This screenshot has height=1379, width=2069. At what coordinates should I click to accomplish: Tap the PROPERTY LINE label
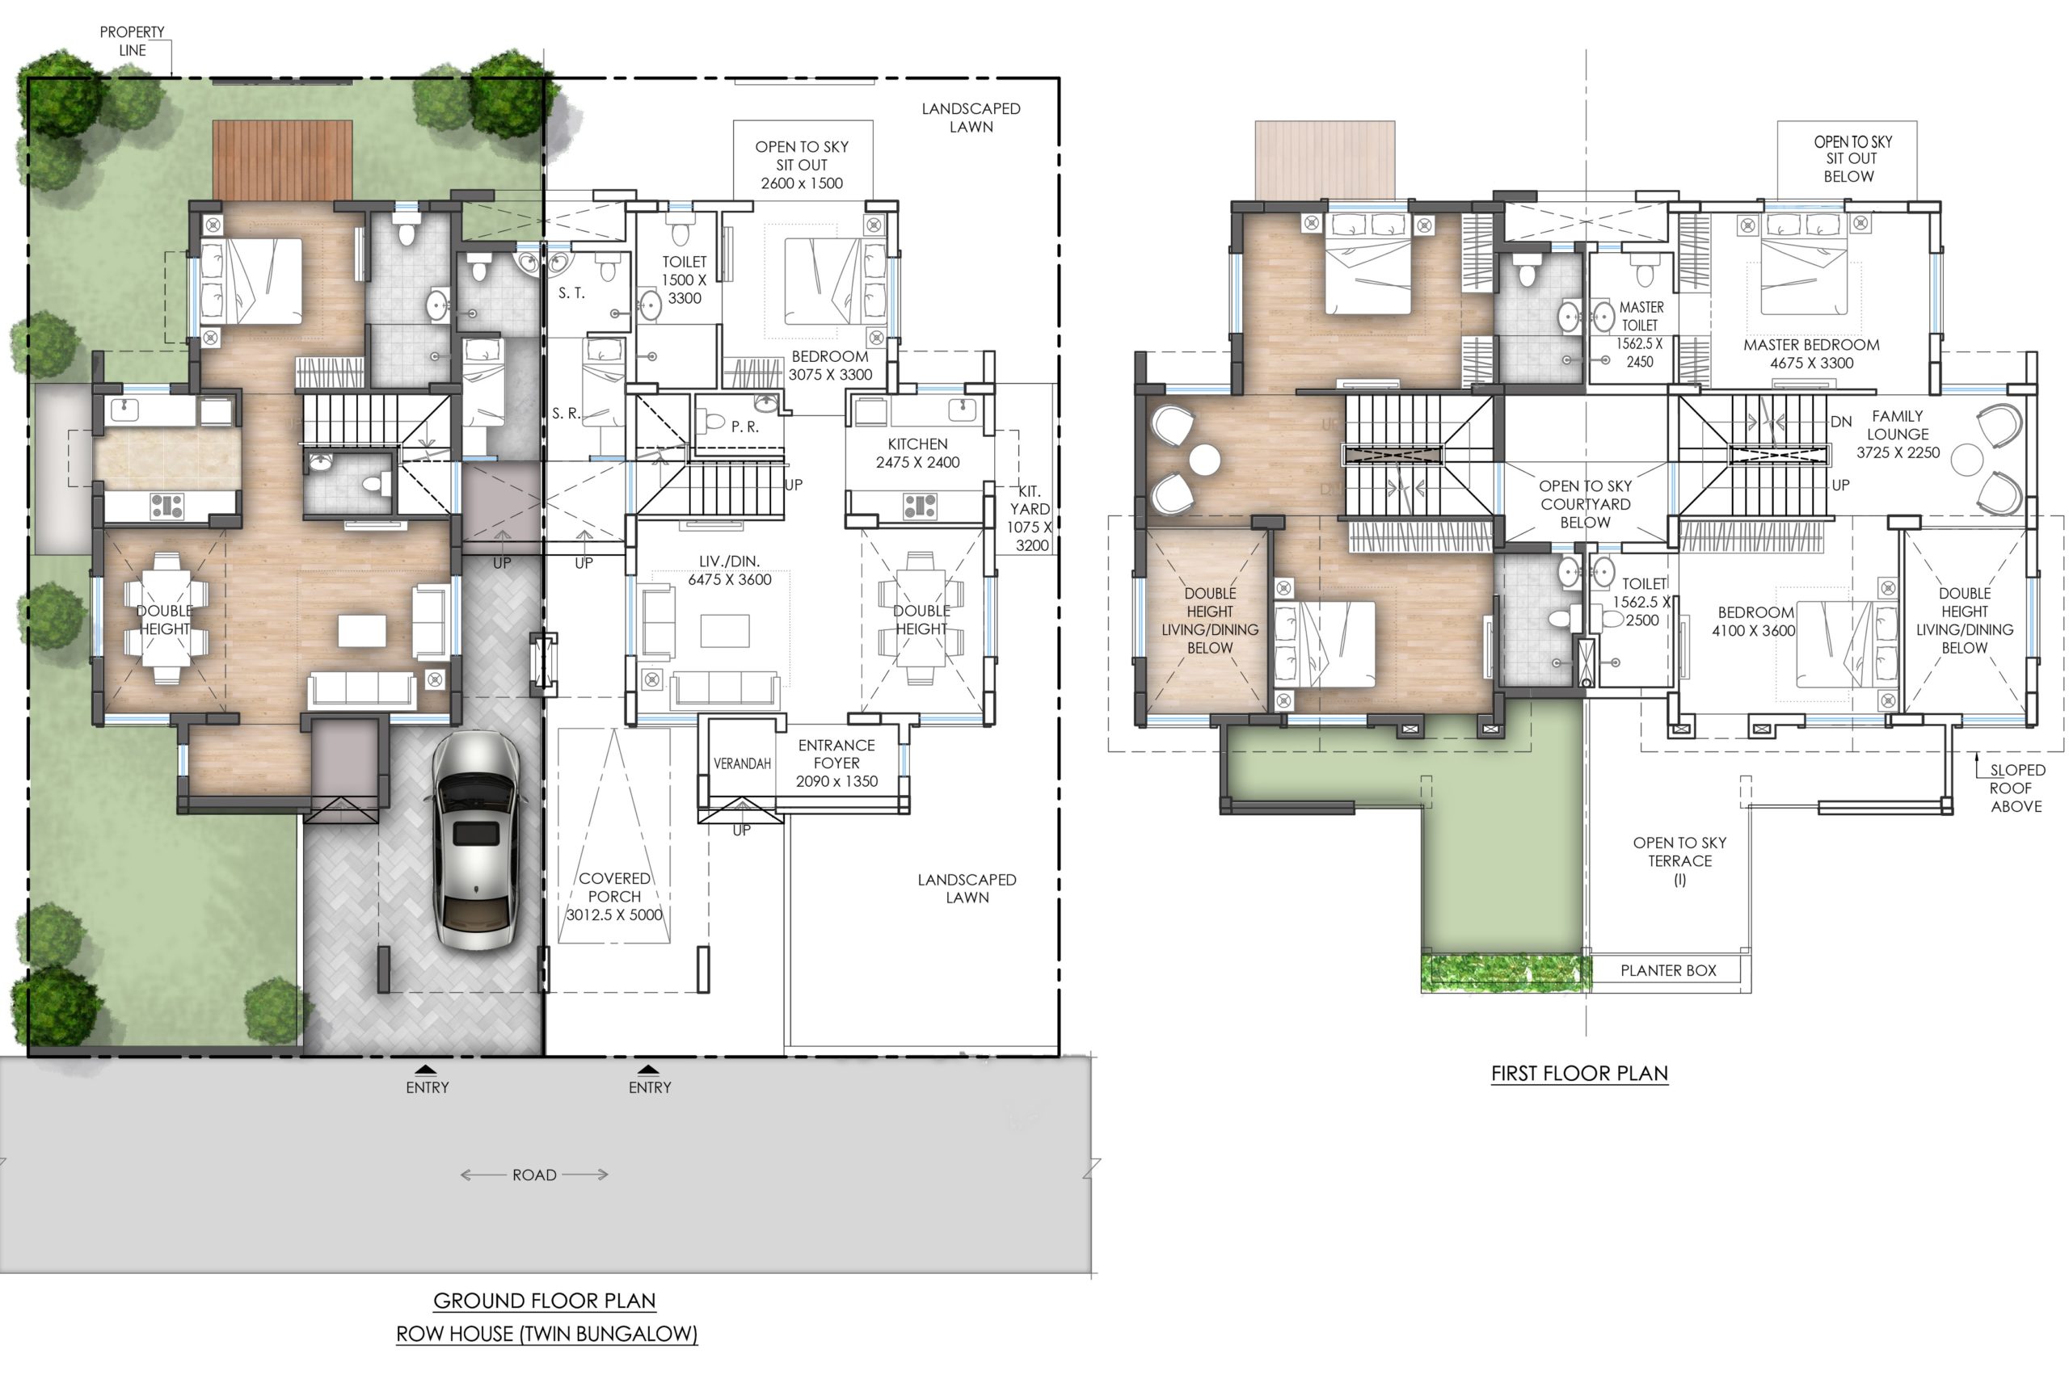(132, 41)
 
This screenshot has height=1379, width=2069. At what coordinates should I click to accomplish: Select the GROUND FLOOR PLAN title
(545, 1301)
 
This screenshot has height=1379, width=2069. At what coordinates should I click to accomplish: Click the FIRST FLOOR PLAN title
(1579, 1073)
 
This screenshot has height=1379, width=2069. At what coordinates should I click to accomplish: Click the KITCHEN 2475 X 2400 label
(917, 453)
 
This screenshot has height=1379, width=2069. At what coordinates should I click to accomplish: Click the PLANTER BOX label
(1668, 971)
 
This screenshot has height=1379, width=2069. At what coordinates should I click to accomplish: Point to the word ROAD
(534, 1175)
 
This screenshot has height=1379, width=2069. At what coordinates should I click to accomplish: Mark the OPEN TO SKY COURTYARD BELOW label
(1585, 504)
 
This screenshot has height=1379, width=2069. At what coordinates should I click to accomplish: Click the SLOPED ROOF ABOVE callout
(2016, 788)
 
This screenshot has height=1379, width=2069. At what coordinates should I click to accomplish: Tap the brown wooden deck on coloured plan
(282, 160)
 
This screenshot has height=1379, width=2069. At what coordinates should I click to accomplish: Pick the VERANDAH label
(742, 763)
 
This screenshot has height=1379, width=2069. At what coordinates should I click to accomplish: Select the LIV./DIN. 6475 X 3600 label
(729, 570)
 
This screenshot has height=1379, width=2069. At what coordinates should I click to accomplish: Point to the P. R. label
(744, 427)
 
